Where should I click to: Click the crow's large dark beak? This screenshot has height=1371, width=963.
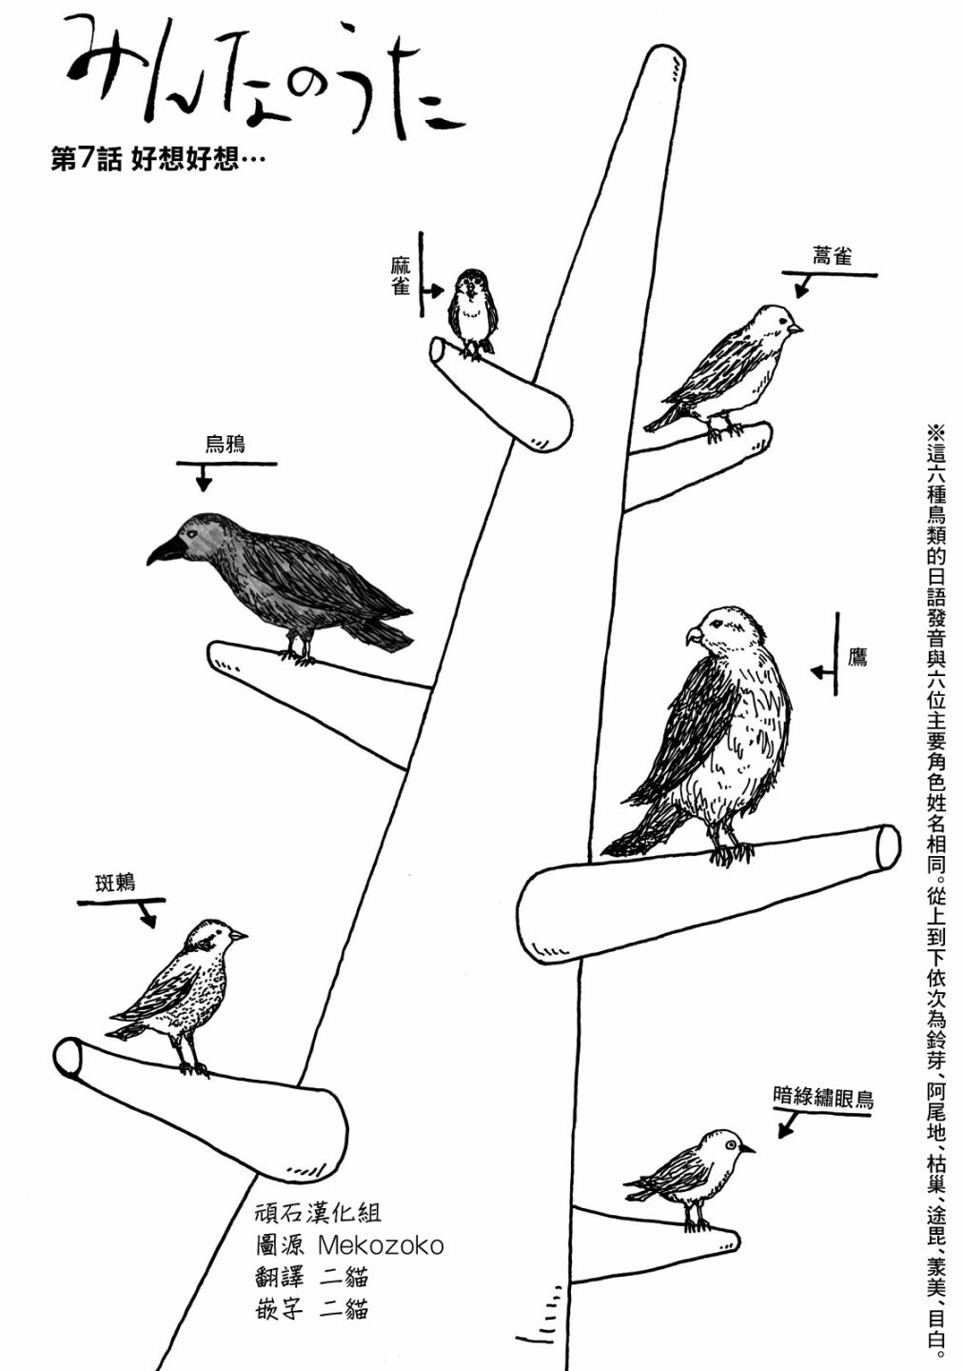click(x=165, y=549)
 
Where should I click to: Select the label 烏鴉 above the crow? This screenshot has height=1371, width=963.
click(x=226, y=444)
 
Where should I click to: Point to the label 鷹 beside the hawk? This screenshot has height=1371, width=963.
click(x=857, y=657)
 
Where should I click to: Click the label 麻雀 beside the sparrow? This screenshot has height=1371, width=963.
click(x=401, y=274)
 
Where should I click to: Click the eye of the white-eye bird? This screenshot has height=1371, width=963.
click(x=731, y=1142)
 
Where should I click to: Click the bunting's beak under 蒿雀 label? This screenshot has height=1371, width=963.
click(x=796, y=328)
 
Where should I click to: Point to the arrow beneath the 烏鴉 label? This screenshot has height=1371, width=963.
click(x=203, y=480)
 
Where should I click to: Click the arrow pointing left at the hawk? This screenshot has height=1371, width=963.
click(x=821, y=671)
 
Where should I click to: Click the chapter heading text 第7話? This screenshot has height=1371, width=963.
click(x=85, y=161)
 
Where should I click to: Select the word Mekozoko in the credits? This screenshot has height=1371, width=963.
click(x=381, y=1245)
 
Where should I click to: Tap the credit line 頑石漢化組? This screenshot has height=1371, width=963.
click(x=318, y=1213)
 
